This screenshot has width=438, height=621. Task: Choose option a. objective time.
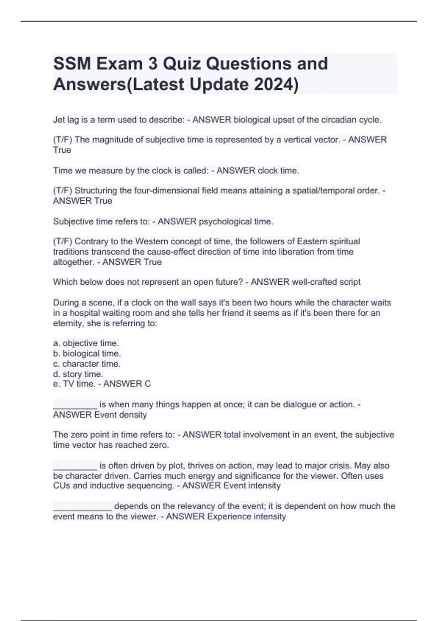point(86,343)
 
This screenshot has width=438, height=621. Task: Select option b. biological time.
point(87,354)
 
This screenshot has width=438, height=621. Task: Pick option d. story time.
point(78,374)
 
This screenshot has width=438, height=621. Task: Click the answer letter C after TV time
point(147,384)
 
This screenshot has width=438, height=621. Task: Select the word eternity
point(69,323)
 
